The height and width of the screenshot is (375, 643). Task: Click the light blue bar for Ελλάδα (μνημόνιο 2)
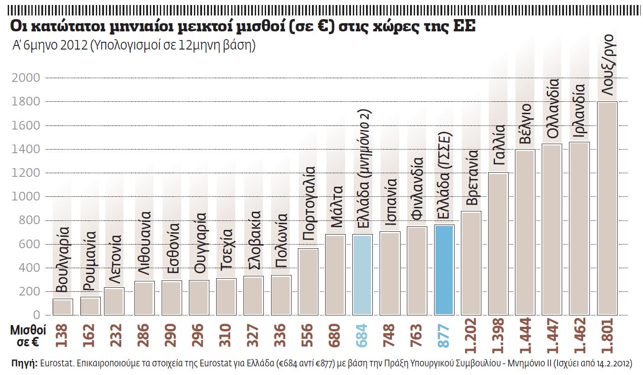tap(363, 275)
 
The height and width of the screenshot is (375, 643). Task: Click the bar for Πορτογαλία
tap(308, 281)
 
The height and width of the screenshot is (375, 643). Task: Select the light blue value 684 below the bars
tap(363, 336)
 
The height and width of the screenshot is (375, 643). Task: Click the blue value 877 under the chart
tap(444, 336)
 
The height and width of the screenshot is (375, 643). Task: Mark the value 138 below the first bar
tap(63, 336)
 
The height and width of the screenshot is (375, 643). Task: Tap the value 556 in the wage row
tap(308, 336)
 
